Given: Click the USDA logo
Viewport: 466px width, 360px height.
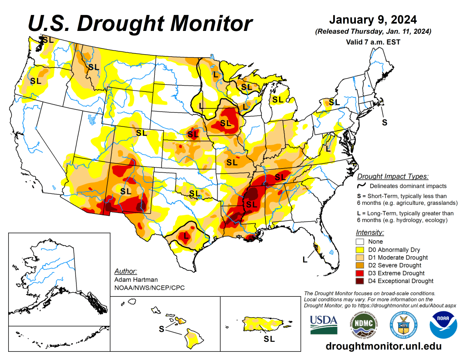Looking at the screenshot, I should (324, 324).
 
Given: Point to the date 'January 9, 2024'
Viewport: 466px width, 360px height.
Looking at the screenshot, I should (372, 20).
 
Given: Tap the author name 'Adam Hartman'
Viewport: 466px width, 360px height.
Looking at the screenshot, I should (136, 279).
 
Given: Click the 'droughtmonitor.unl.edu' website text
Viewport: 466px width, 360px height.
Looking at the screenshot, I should (384, 346).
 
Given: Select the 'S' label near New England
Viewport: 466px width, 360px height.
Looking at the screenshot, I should (385, 122).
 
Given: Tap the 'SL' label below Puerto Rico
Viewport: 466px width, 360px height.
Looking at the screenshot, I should (269, 339).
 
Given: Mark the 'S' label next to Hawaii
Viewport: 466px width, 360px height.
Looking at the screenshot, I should (161, 329).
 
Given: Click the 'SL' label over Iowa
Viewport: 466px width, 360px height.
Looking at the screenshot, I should (226, 123).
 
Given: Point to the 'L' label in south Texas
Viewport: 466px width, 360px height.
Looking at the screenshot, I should (186, 236).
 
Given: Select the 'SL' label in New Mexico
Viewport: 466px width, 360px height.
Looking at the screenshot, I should (126, 190).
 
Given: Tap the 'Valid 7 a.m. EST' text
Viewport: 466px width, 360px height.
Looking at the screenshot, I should (372, 42).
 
